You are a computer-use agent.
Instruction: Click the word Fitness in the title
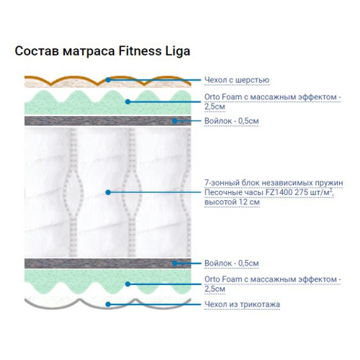point(140,51)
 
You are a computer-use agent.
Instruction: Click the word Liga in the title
point(178,52)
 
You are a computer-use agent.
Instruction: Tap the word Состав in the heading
point(37,51)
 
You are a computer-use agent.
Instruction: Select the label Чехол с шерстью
point(237,80)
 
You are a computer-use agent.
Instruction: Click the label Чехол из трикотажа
point(242,305)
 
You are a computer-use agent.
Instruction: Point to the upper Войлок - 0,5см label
point(232,121)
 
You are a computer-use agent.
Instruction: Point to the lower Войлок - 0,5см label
point(232,264)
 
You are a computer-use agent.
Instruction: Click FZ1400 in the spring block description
point(279,192)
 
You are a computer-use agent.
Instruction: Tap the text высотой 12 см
point(232,202)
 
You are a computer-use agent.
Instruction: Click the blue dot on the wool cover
point(108,80)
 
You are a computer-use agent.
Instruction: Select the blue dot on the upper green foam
point(127,102)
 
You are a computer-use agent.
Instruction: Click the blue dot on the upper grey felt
point(175,121)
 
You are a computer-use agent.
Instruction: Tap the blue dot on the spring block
point(108,192)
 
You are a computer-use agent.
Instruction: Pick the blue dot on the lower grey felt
point(175,264)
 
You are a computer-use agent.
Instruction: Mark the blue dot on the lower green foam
point(127,284)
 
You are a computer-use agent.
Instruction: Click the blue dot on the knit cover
point(108,305)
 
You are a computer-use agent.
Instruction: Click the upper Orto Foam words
point(223,97)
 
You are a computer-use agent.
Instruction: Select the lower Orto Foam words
point(223,279)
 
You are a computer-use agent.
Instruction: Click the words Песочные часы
point(234,192)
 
